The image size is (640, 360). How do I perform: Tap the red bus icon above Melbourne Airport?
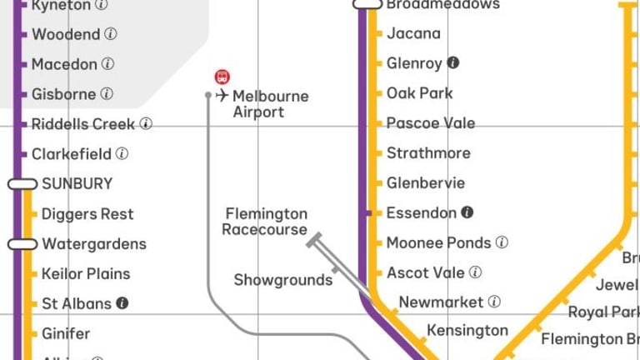[x=222, y=77]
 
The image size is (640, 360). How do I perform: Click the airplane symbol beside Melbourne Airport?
[x=222, y=96]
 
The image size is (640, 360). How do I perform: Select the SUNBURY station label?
[x=77, y=183]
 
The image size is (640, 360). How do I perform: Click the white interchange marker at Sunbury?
[x=22, y=183]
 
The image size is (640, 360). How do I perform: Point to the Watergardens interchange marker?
[x=22, y=244]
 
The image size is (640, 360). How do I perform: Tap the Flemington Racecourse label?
[x=265, y=222]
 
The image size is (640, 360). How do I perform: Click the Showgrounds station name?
[x=282, y=280]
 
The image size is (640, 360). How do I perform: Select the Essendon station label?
[x=421, y=212]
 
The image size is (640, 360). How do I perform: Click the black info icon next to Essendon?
[x=467, y=212]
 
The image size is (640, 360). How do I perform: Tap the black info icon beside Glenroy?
[x=453, y=62]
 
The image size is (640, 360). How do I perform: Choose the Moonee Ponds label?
[x=438, y=242]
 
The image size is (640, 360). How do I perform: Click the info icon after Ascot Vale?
[x=475, y=272]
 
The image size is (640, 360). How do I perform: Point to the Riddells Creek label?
[x=83, y=123]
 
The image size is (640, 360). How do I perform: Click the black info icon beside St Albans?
[x=122, y=303]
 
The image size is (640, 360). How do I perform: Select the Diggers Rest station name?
[x=87, y=214]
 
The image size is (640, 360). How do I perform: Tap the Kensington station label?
[x=467, y=331]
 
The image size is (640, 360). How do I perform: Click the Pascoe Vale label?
[x=430, y=122]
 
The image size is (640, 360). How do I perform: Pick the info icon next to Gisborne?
[x=107, y=94]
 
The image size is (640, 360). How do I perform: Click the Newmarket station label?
[x=441, y=302]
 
